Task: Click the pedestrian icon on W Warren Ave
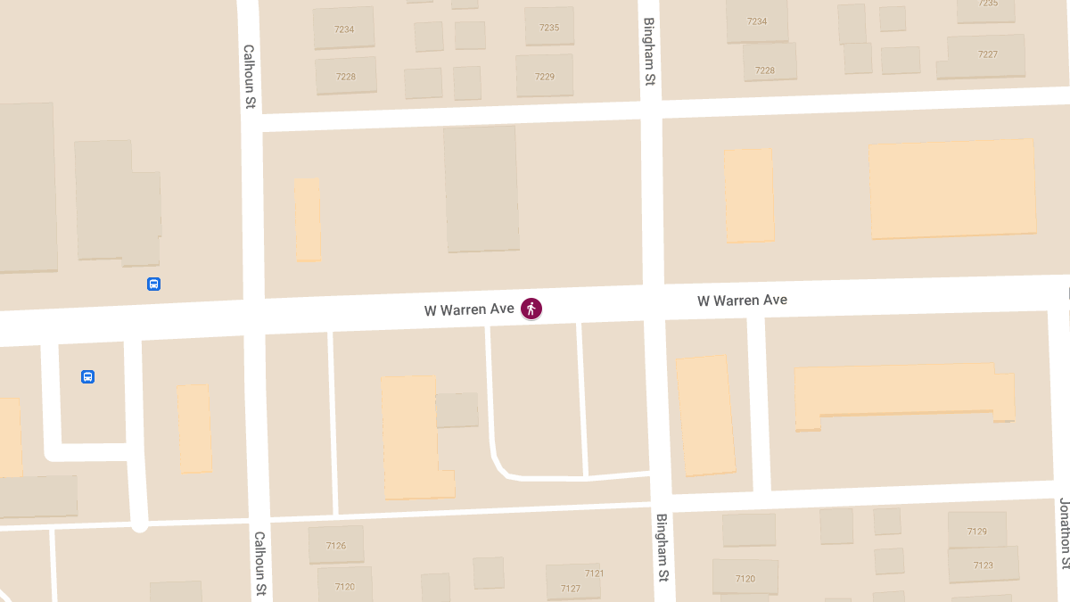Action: coord(531,309)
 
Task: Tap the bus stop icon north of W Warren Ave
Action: coord(153,285)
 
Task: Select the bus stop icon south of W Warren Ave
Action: coord(87,376)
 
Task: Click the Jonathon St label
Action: coord(1064,533)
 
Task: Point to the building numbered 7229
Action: coord(545,77)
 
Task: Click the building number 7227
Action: coord(987,54)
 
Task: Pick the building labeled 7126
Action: coord(336,546)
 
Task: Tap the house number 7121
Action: coord(595,573)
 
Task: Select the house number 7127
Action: coord(571,589)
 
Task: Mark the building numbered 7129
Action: coord(977,532)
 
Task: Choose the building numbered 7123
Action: coord(983,565)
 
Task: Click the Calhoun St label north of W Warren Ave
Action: coord(250,78)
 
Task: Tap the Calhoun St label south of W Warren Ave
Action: coord(259,564)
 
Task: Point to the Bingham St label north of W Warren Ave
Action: coord(650,52)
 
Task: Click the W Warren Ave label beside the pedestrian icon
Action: coord(469,309)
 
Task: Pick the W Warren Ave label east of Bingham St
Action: coord(742,301)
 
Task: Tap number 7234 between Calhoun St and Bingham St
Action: coord(344,29)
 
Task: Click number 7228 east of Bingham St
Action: coord(765,70)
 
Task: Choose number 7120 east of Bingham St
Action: coord(745,579)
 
